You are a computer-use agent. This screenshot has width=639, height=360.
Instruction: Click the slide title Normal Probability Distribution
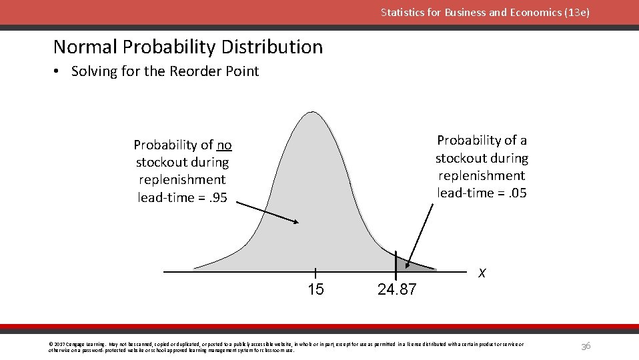point(187,47)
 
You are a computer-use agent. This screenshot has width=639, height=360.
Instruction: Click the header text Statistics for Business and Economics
point(485,13)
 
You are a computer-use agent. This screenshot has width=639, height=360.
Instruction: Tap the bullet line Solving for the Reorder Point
point(165,71)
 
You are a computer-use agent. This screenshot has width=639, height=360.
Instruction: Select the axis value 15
point(315,289)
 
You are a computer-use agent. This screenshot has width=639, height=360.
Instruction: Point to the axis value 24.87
point(396,289)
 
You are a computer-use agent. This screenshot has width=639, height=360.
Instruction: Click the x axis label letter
point(482,273)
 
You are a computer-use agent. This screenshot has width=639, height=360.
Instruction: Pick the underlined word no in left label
point(224,145)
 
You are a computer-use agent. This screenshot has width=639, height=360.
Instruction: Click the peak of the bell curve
point(312,114)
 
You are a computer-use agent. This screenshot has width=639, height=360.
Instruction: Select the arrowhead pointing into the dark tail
point(408,265)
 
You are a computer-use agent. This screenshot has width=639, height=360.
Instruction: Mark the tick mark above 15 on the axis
point(315,272)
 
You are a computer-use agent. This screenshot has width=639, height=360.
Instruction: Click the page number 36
point(585,345)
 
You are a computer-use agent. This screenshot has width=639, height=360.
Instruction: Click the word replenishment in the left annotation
point(182,180)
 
